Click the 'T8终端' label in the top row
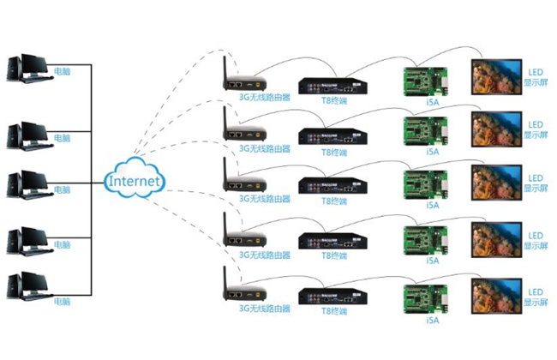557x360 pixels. (334, 102)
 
